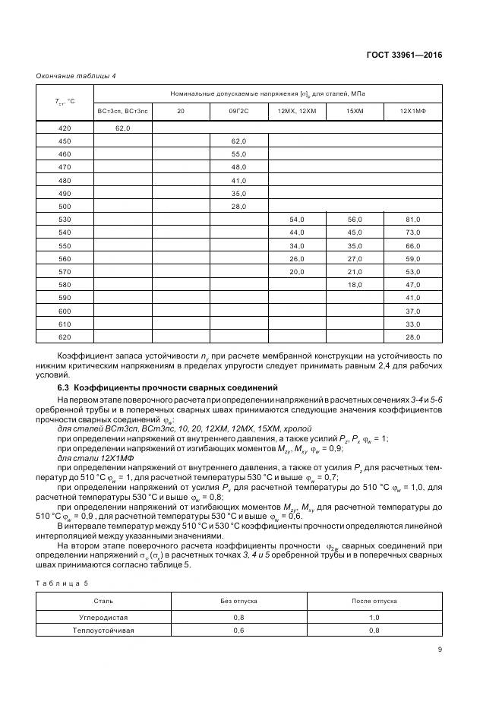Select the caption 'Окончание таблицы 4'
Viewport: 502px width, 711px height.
(76, 76)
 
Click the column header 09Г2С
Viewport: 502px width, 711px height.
(239, 112)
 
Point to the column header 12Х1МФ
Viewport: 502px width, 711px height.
(413, 112)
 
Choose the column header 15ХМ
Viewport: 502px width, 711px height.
(355, 112)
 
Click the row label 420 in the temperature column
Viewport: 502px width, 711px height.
(65, 128)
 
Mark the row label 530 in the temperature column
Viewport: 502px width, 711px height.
(65, 220)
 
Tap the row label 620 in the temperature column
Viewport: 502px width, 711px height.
(65, 337)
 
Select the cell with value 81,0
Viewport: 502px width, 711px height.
(413, 220)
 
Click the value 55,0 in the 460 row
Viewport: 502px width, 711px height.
(239, 154)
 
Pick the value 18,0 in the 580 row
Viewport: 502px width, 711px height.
(355, 284)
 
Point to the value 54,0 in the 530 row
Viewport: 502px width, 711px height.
(297, 220)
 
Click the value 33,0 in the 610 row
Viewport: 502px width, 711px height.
(413, 324)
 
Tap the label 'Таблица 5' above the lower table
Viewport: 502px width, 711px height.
(65, 583)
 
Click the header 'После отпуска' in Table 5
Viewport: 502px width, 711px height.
(374, 601)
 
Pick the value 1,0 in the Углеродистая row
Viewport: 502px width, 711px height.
(374, 618)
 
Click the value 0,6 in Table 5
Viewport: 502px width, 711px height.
(239, 630)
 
